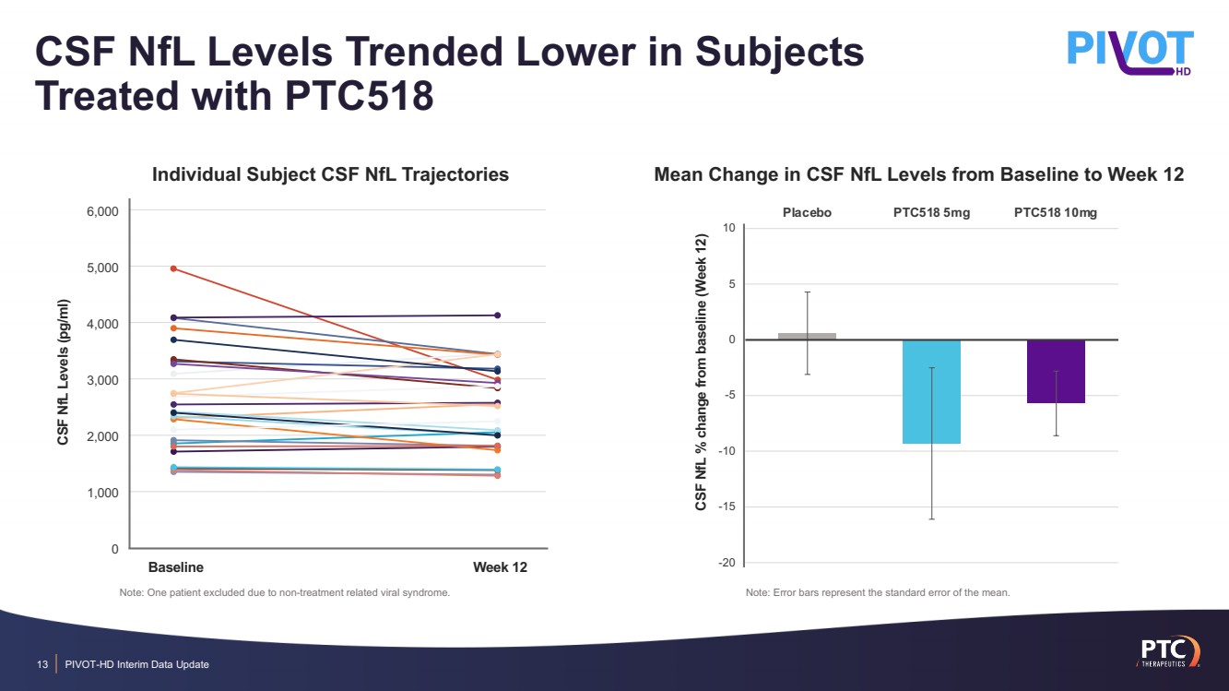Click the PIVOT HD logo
coord(1130,51)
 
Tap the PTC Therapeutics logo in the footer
coord(1166,649)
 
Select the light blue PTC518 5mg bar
coord(931,391)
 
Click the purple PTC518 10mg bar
coord(1056,371)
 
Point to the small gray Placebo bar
coord(807,336)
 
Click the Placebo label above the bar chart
coord(807,213)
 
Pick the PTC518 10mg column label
coord(1056,213)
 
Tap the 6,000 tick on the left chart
coord(101,211)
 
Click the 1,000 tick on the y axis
coord(101,493)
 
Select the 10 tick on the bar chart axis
coord(727,228)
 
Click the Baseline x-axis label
coord(176,566)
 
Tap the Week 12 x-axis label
coord(500,566)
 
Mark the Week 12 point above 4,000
coord(498,316)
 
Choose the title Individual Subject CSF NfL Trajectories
coord(330,173)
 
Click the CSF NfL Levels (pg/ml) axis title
coord(64,373)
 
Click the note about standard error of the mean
coord(878,592)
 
